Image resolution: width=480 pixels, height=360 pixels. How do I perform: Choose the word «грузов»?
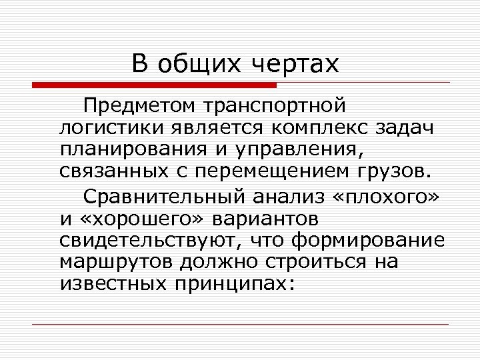pyautogui.click(x=390, y=170)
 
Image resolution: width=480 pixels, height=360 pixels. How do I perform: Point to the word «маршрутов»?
pyautogui.click(x=112, y=262)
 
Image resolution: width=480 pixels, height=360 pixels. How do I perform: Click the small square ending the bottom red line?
pyautogui.click(x=451, y=325)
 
